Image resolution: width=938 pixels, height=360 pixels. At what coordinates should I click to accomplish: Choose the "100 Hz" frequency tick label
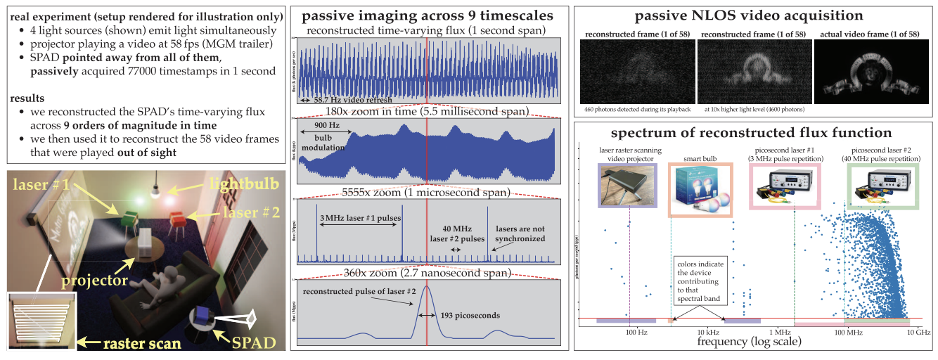click(x=635, y=330)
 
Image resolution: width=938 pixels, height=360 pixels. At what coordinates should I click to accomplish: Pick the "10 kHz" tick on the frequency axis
click(x=706, y=330)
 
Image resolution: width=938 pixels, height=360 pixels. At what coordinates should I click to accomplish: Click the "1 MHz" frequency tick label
click(x=778, y=330)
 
